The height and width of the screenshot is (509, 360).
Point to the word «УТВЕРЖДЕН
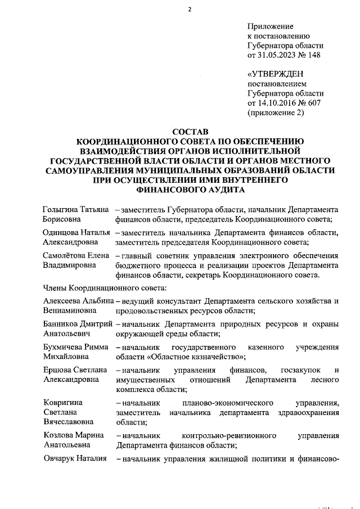pos(276,74)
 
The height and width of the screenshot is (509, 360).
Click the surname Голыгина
pos(62,209)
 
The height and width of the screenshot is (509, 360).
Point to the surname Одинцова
pos(62,233)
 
